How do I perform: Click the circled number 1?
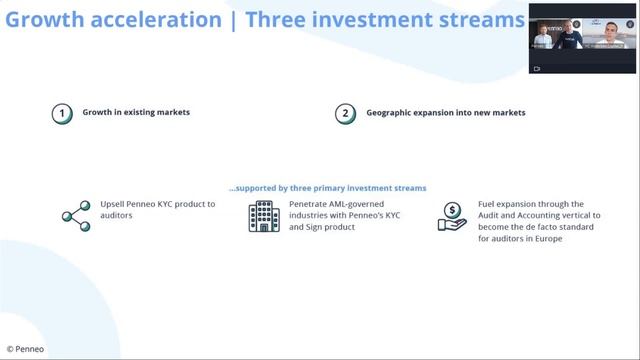pos(63,113)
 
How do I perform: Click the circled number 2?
pos(345,113)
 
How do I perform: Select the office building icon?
pos(262,216)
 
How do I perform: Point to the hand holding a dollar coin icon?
pos(452,217)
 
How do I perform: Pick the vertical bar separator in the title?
pos(233,19)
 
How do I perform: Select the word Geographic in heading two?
pos(387,113)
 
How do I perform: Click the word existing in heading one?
pos(142,113)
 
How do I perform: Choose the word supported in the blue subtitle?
pos(261,188)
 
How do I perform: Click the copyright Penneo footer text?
pos(25,350)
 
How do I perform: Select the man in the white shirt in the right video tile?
pos(606,38)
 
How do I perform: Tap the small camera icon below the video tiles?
pos(537,69)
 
